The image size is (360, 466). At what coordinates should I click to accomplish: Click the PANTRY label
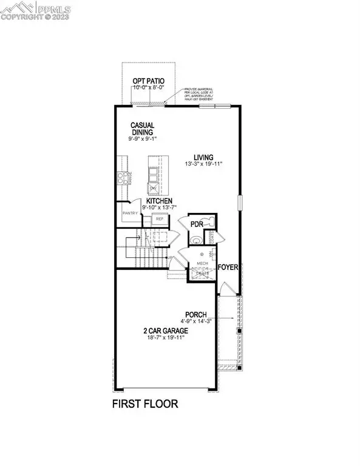tap(129, 213)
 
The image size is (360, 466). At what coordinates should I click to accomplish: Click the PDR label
tap(196, 224)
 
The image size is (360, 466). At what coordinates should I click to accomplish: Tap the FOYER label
tap(228, 266)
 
